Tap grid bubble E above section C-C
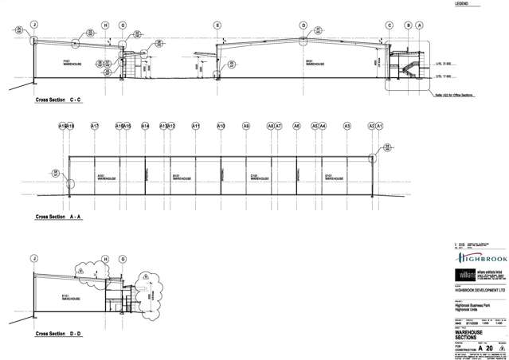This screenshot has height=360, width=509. click(x=217, y=25)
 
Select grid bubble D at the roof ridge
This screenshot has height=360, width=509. click(x=303, y=25)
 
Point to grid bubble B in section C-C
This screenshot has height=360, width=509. click(x=408, y=25)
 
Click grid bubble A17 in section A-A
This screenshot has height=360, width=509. click(x=94, y=126)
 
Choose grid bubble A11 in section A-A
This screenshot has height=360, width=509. click(x=196, y=126)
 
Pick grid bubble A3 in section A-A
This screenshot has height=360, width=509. click(x=347, y=126)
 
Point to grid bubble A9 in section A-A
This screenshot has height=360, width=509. click(x=246, y=126)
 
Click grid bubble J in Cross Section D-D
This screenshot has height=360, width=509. click(x=34, y=259)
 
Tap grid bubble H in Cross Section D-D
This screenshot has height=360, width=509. click(x=105, y=259)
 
